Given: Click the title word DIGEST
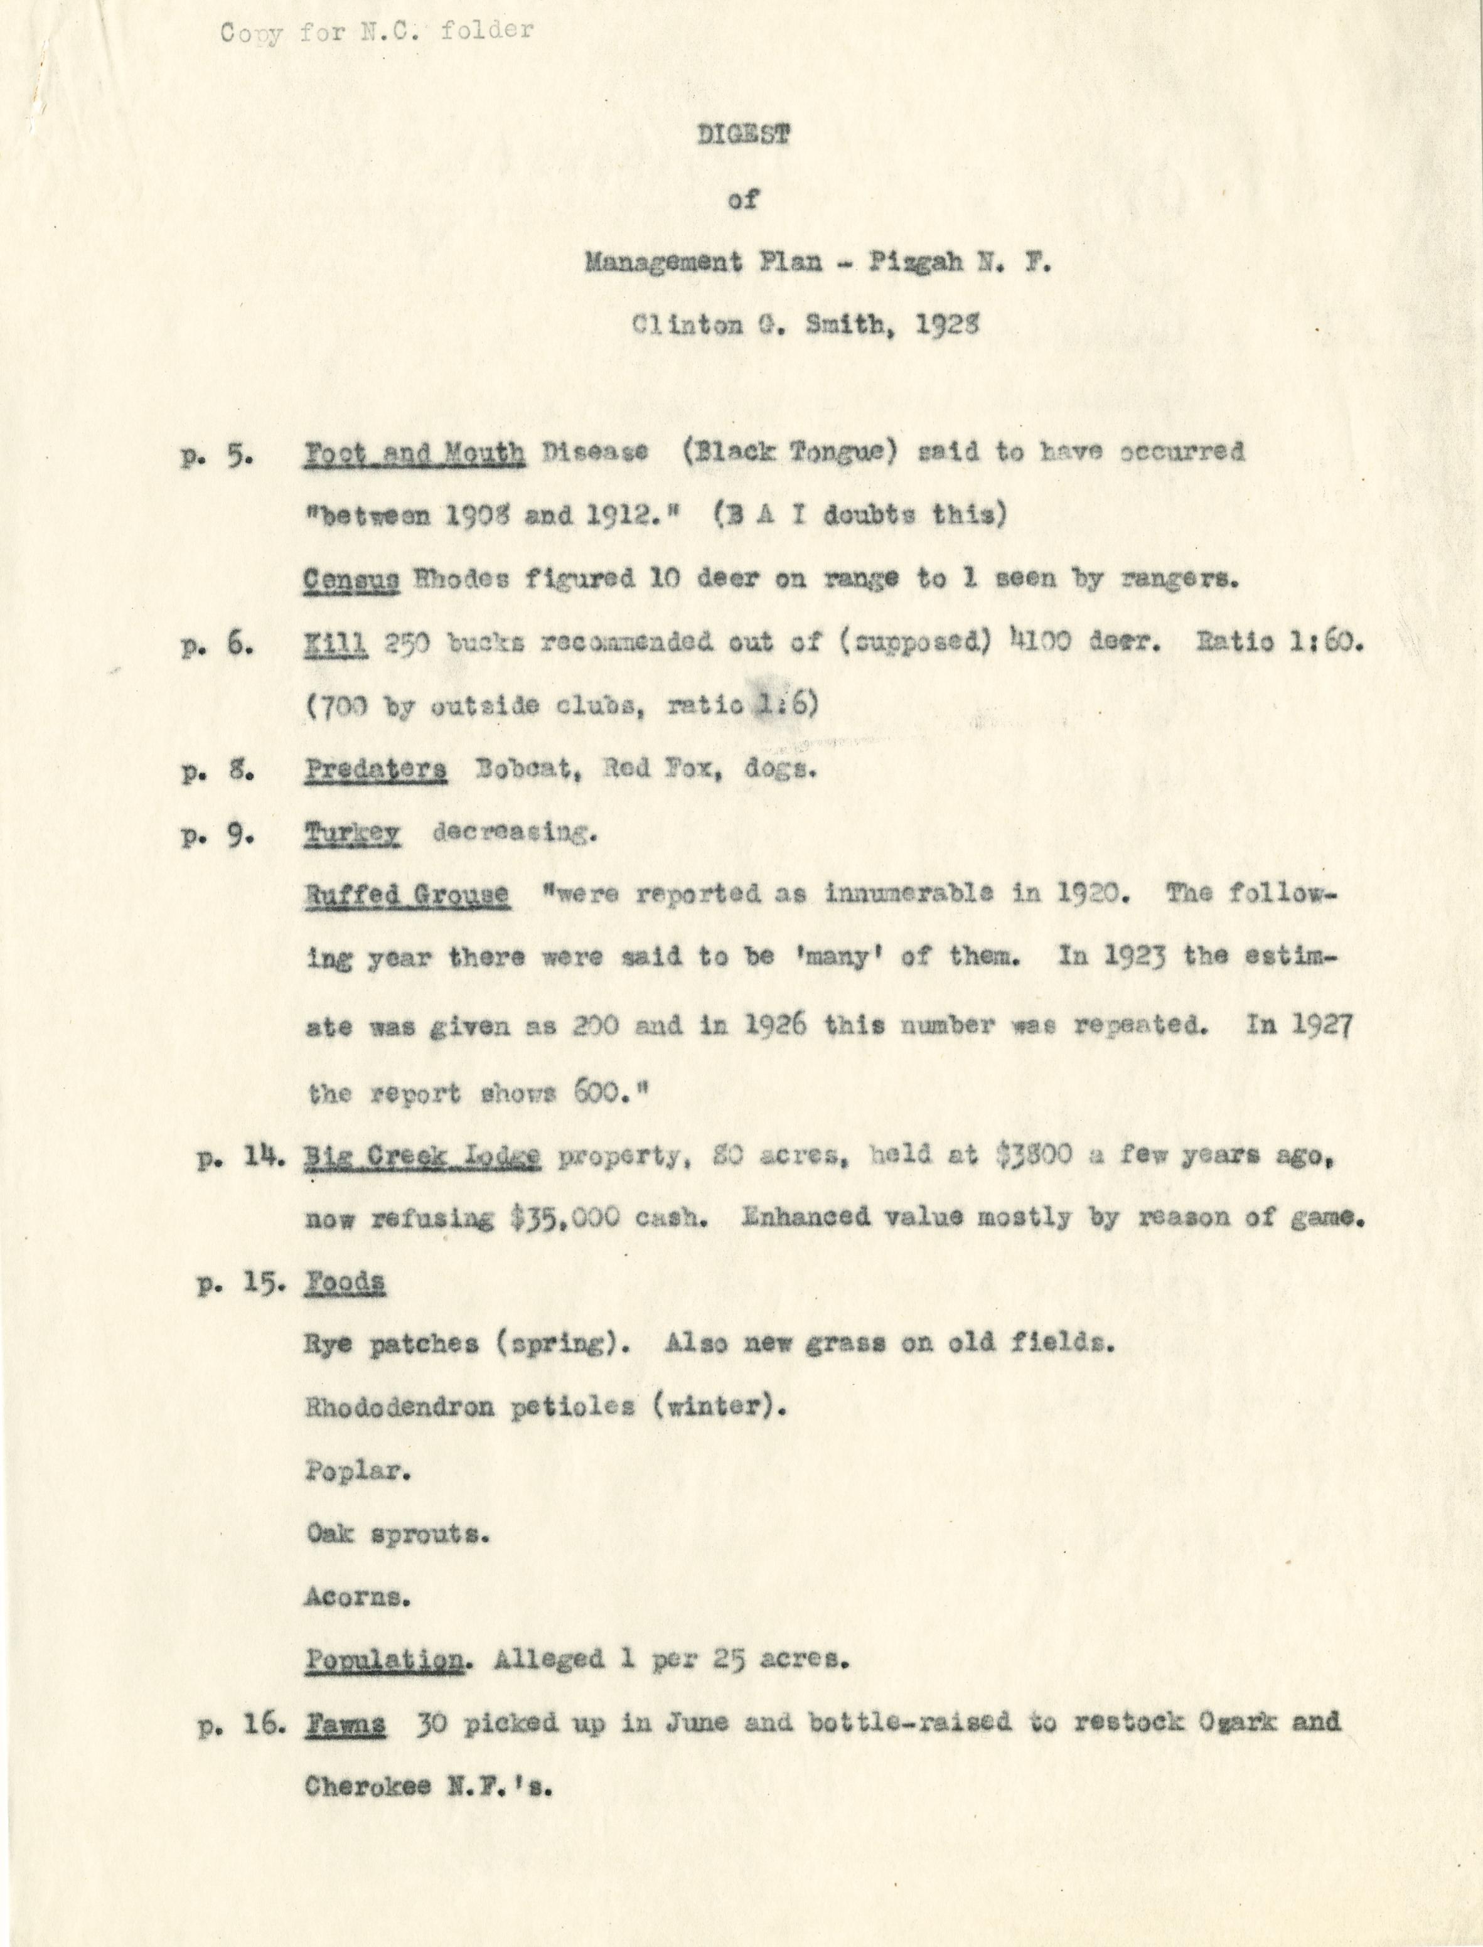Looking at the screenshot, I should (x=742, y=135).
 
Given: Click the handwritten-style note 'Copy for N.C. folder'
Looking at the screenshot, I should (x=377, y=32).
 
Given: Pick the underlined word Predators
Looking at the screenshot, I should (x=376, y=769).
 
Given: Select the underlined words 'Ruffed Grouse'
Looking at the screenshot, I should (x=407, y=895).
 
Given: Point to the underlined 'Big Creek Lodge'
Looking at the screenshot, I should (x=422, y=1157).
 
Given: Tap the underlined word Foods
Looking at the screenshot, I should (x=345, y=1283).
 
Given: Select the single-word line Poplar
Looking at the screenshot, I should (x=356, y=1471).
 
